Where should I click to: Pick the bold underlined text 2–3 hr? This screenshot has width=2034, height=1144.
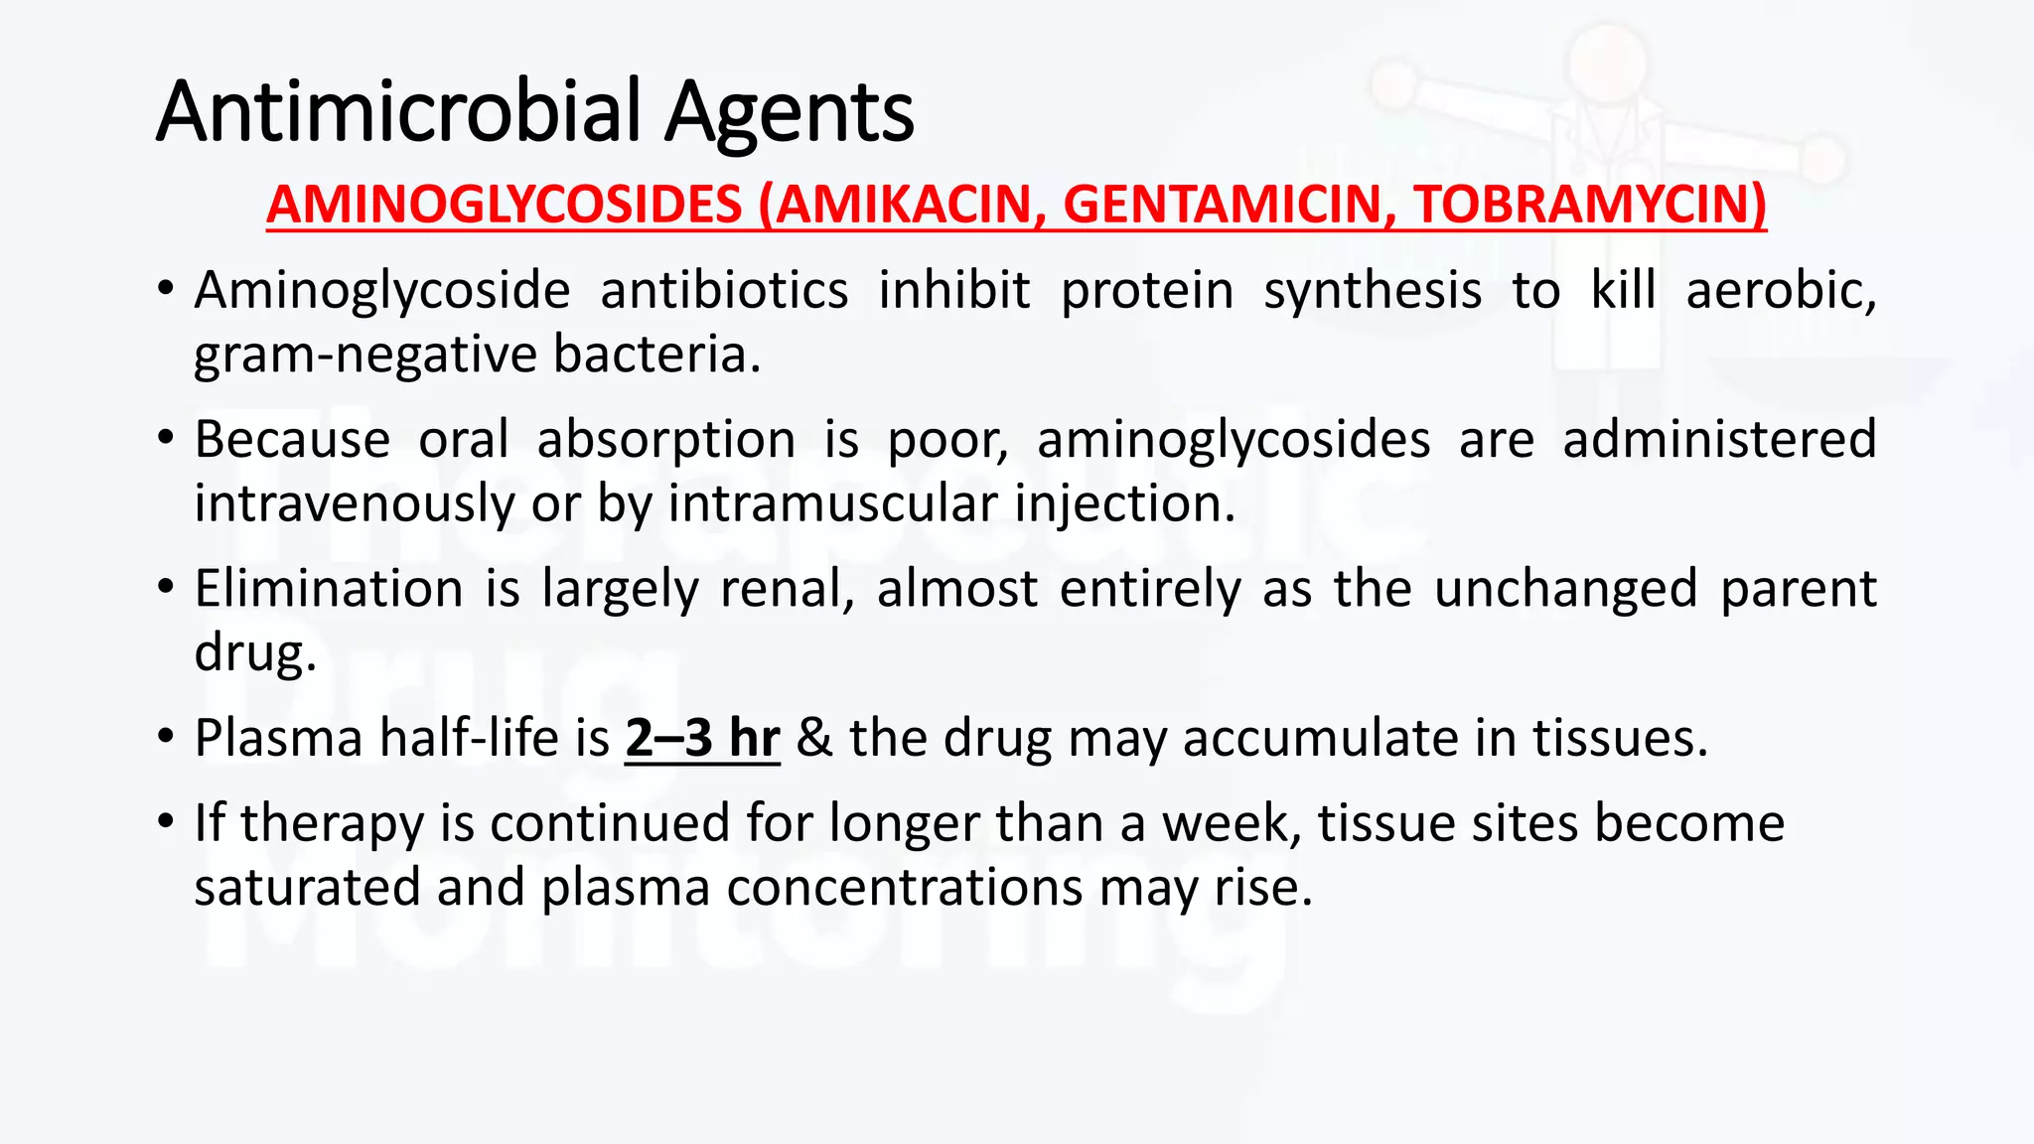(x=702, y=738)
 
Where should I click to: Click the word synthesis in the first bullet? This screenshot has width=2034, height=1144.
(x=1373, y=291)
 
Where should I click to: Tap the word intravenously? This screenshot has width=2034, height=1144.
(x=354, y=503)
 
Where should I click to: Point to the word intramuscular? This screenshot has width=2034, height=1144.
(x=832, y=503)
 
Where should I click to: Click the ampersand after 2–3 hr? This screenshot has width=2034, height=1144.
(x=814, y=738)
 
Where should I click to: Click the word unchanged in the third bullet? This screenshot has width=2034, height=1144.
(x=1565, y=589)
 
